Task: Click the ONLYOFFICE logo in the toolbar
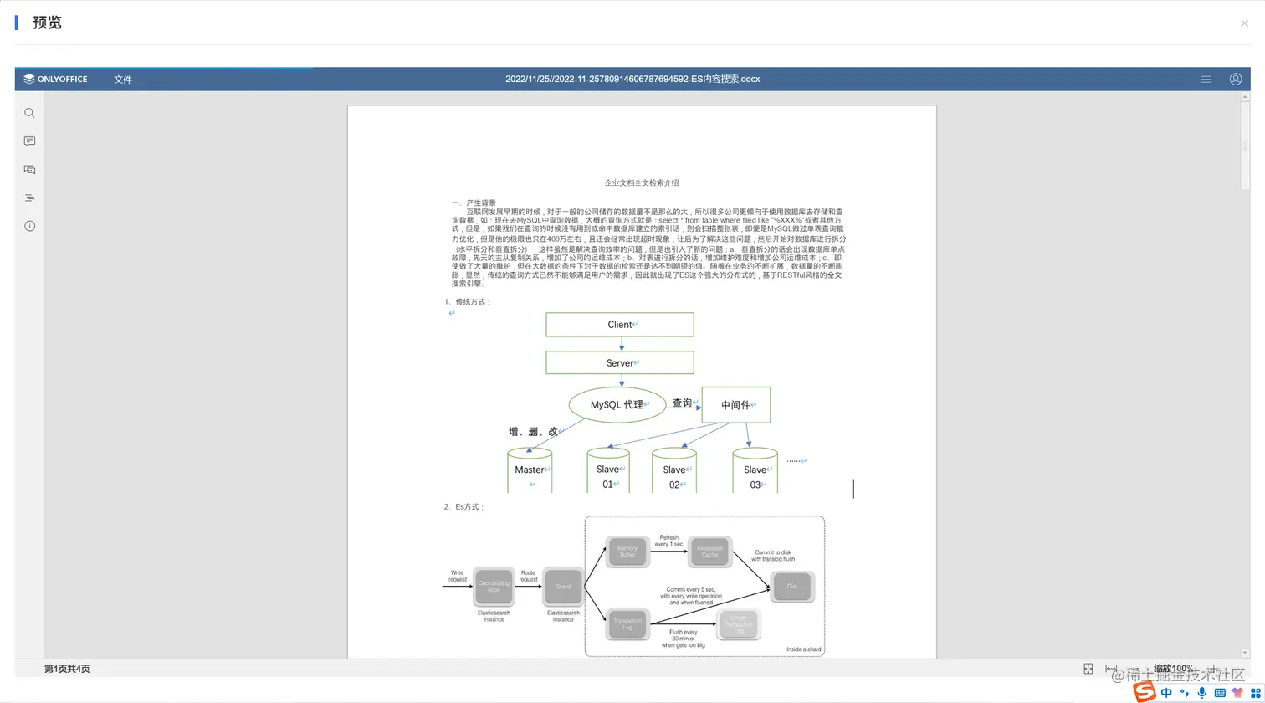[x=55, y=79]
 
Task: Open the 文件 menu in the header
[x=123, y=80]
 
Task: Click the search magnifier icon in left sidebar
[x=29, y=113]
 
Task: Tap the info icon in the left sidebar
[x=29, y=226]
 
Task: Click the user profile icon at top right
[x=1235, y=79]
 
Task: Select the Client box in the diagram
[x=620, y=325]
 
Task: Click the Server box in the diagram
[x=620, y=362]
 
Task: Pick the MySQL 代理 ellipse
[x=617, y=404]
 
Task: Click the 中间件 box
[x=735, y=404]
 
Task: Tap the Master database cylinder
[x=530, y=470]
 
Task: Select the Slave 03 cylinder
[x=755, y=470]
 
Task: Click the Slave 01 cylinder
[x=608, y=470]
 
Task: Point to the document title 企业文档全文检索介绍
[x=642, y=182]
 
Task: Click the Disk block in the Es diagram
[x=792, y=586]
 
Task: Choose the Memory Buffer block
[x=627, y=552]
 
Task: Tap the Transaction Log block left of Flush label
[x=627, y=624]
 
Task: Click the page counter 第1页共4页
[x=67, y=669]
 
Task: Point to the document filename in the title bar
[x=632, y=79]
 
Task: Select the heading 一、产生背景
[x=474, y=203]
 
